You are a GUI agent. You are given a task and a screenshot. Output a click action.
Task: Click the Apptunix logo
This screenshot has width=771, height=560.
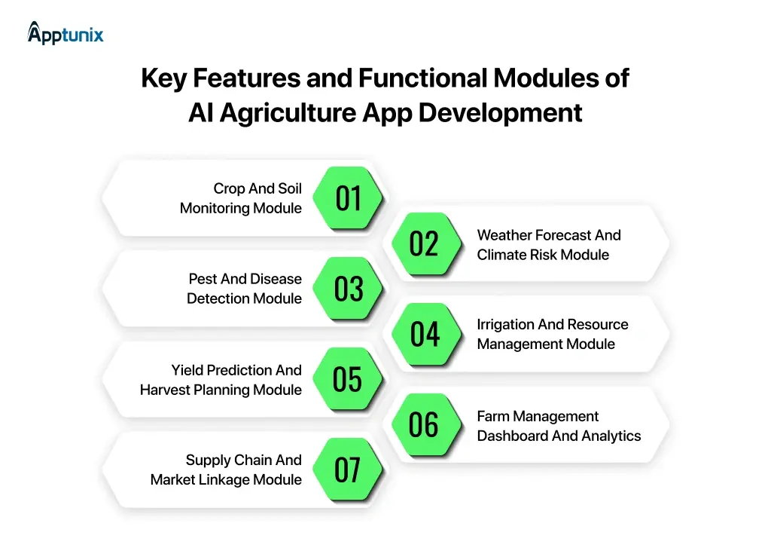[66, 33]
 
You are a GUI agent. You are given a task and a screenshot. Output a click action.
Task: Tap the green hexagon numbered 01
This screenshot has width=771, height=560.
[349, 198]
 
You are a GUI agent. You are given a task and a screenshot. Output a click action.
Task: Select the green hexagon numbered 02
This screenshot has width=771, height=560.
[424, 243]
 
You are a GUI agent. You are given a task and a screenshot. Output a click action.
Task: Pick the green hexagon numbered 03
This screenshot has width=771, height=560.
[349, 289]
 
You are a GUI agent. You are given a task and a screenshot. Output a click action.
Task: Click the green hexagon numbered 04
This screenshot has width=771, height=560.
[424, 334]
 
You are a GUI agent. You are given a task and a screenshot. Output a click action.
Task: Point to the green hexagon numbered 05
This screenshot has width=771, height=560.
[348, 379]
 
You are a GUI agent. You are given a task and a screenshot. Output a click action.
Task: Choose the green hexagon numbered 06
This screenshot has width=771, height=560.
[424, 424]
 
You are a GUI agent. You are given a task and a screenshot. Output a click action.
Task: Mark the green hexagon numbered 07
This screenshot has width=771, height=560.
[348, 470]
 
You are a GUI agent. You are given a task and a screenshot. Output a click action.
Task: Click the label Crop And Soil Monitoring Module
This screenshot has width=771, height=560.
[241, 198]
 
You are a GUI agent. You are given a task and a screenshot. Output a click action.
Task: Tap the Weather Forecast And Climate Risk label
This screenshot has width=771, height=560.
[549, 245]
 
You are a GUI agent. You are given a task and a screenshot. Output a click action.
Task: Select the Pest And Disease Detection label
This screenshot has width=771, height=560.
[245, 289]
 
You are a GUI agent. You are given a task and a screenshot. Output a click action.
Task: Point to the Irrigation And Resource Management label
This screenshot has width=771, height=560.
[552, 334]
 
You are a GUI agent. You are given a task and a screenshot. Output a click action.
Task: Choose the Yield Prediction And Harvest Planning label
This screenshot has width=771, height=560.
[221, 380]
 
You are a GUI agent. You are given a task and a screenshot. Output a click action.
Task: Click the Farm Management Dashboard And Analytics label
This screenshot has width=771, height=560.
[559, 426]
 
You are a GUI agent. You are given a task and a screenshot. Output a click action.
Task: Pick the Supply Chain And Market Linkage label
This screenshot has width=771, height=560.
[226, 470]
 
